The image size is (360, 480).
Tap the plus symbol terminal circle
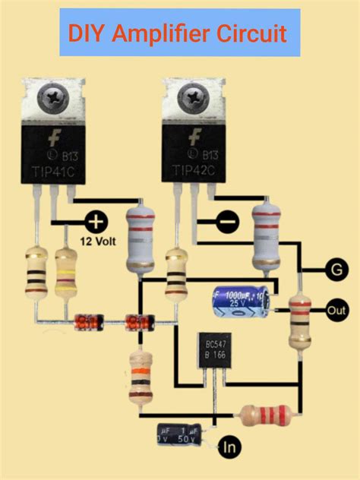pyautogui.click(x=96, y=222)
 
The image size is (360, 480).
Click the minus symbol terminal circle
pyautogui.click(x=227, y=222)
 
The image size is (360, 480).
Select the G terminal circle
pyautogui.click(x=334, y=269)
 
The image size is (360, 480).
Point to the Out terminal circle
pyautogui.click(x=335, y=311)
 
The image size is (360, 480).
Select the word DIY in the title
pyautogui.click(x=85, y=34)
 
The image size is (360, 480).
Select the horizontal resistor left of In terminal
pyautogui.click(x=265, y=415)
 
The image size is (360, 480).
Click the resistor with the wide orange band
pyautogui.click(x=141, y=377)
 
